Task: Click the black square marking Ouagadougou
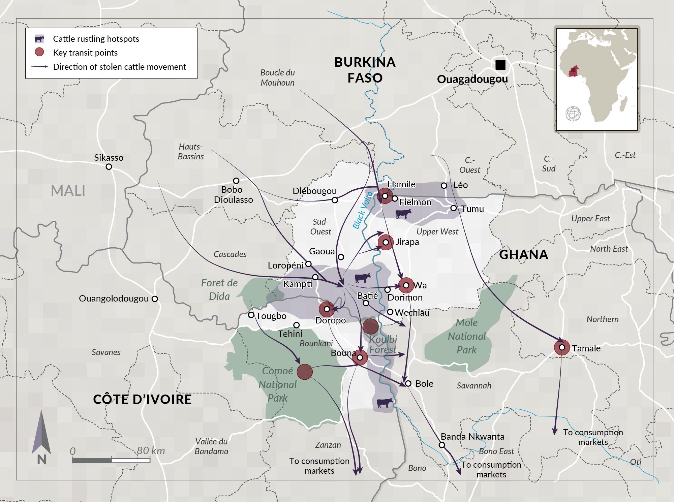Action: (500, 65)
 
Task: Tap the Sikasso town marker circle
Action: (109, 167)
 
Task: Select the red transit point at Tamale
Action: (562, 347)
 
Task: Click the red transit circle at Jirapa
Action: (386, 242)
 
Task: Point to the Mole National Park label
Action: (467, 336)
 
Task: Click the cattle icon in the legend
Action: (39, 39)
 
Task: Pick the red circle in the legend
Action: (39, 52)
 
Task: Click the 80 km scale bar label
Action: (151, 451)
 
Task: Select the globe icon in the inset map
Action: (573, 114)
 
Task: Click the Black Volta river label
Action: (362, 210)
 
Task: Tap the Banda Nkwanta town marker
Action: (442, 445)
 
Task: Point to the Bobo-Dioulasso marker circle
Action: (236, 181)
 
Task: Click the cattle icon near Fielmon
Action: (403, 214)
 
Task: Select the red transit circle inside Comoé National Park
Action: (305, 372)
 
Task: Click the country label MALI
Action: (68, 191)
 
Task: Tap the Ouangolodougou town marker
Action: (155, 299)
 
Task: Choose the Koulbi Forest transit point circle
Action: (370, 326)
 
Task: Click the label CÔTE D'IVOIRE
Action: (142, 400)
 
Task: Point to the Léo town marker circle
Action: (444, 186)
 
